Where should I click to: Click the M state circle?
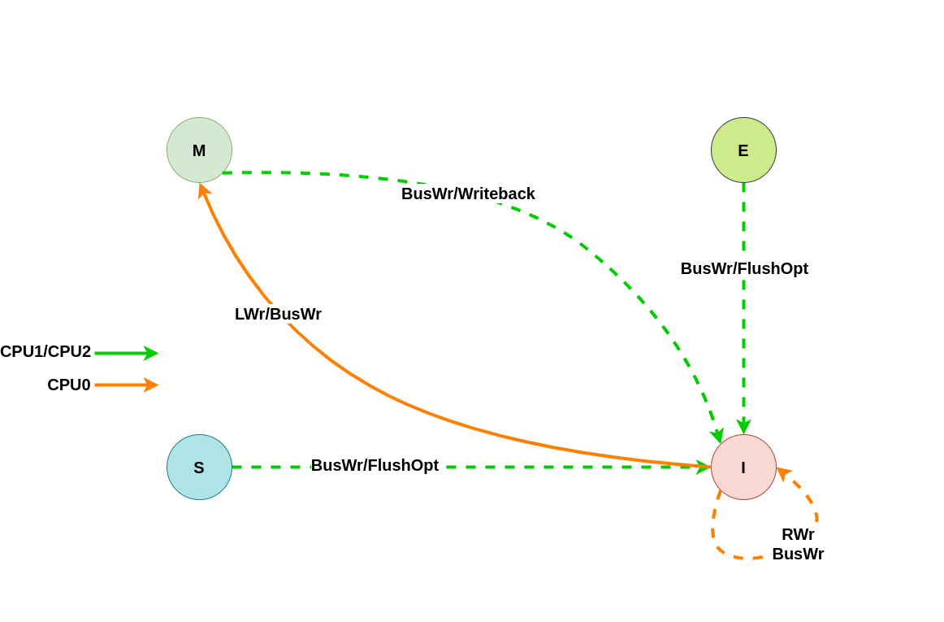tap(199, 150)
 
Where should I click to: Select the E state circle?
tap(743, 150)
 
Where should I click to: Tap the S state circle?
tap(199, 468)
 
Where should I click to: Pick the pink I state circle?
tap(743, 468)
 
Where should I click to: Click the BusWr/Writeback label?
tap(468, 194)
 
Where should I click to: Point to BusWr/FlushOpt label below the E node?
tap(744, 268)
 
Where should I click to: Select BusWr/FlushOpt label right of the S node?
tap(375, 465)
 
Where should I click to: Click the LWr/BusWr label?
tap(278, 314)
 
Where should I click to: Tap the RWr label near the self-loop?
tap(798, 534)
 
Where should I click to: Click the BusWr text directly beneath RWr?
tap(798, 554)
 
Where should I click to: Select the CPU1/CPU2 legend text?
tap(45, 351)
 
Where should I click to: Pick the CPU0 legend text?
tap(69, 385)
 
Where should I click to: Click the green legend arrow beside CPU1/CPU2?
tap(126, 353)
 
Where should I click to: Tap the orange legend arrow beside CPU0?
tap(126, 385)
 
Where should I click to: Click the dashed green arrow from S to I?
tap(569, 467)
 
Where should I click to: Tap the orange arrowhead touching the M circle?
tap(203, 190)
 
